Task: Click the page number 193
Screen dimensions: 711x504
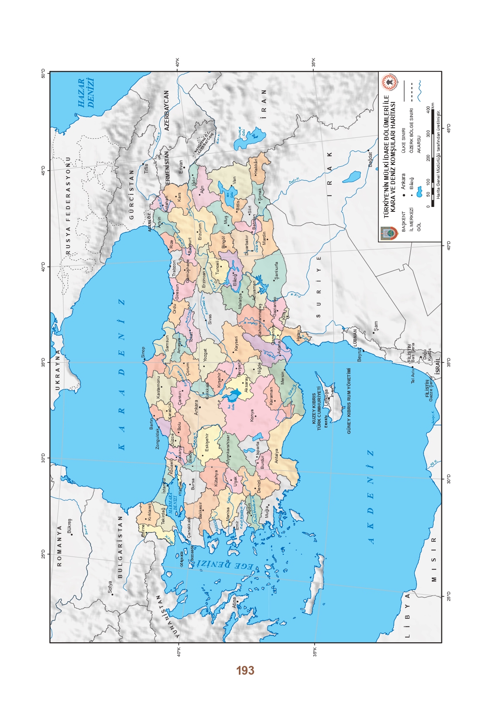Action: (x=245, y=670)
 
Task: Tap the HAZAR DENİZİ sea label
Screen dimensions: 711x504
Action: (x=86, y=93)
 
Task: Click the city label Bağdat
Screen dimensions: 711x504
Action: (x=371, y=159)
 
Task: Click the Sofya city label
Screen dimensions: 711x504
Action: (x=110, y=587)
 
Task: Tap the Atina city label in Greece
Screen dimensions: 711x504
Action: (x=234, y=602)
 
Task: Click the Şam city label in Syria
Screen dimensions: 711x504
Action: (x=376, y=326)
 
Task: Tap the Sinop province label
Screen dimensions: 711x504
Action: (x=143, y=353)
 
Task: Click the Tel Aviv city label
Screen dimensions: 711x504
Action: (x=413, y=375)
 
